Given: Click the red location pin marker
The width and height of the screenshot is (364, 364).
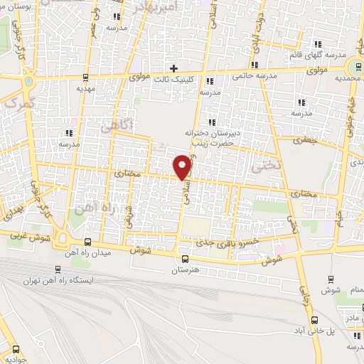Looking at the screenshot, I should click(x=183, y=166).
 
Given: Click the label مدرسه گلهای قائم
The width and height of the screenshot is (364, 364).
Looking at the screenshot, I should click(x=318, y=55).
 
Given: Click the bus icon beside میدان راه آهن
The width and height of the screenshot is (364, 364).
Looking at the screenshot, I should click(x=87, y=242).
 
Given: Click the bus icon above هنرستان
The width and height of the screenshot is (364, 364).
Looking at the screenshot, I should click(x=186, y=259).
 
